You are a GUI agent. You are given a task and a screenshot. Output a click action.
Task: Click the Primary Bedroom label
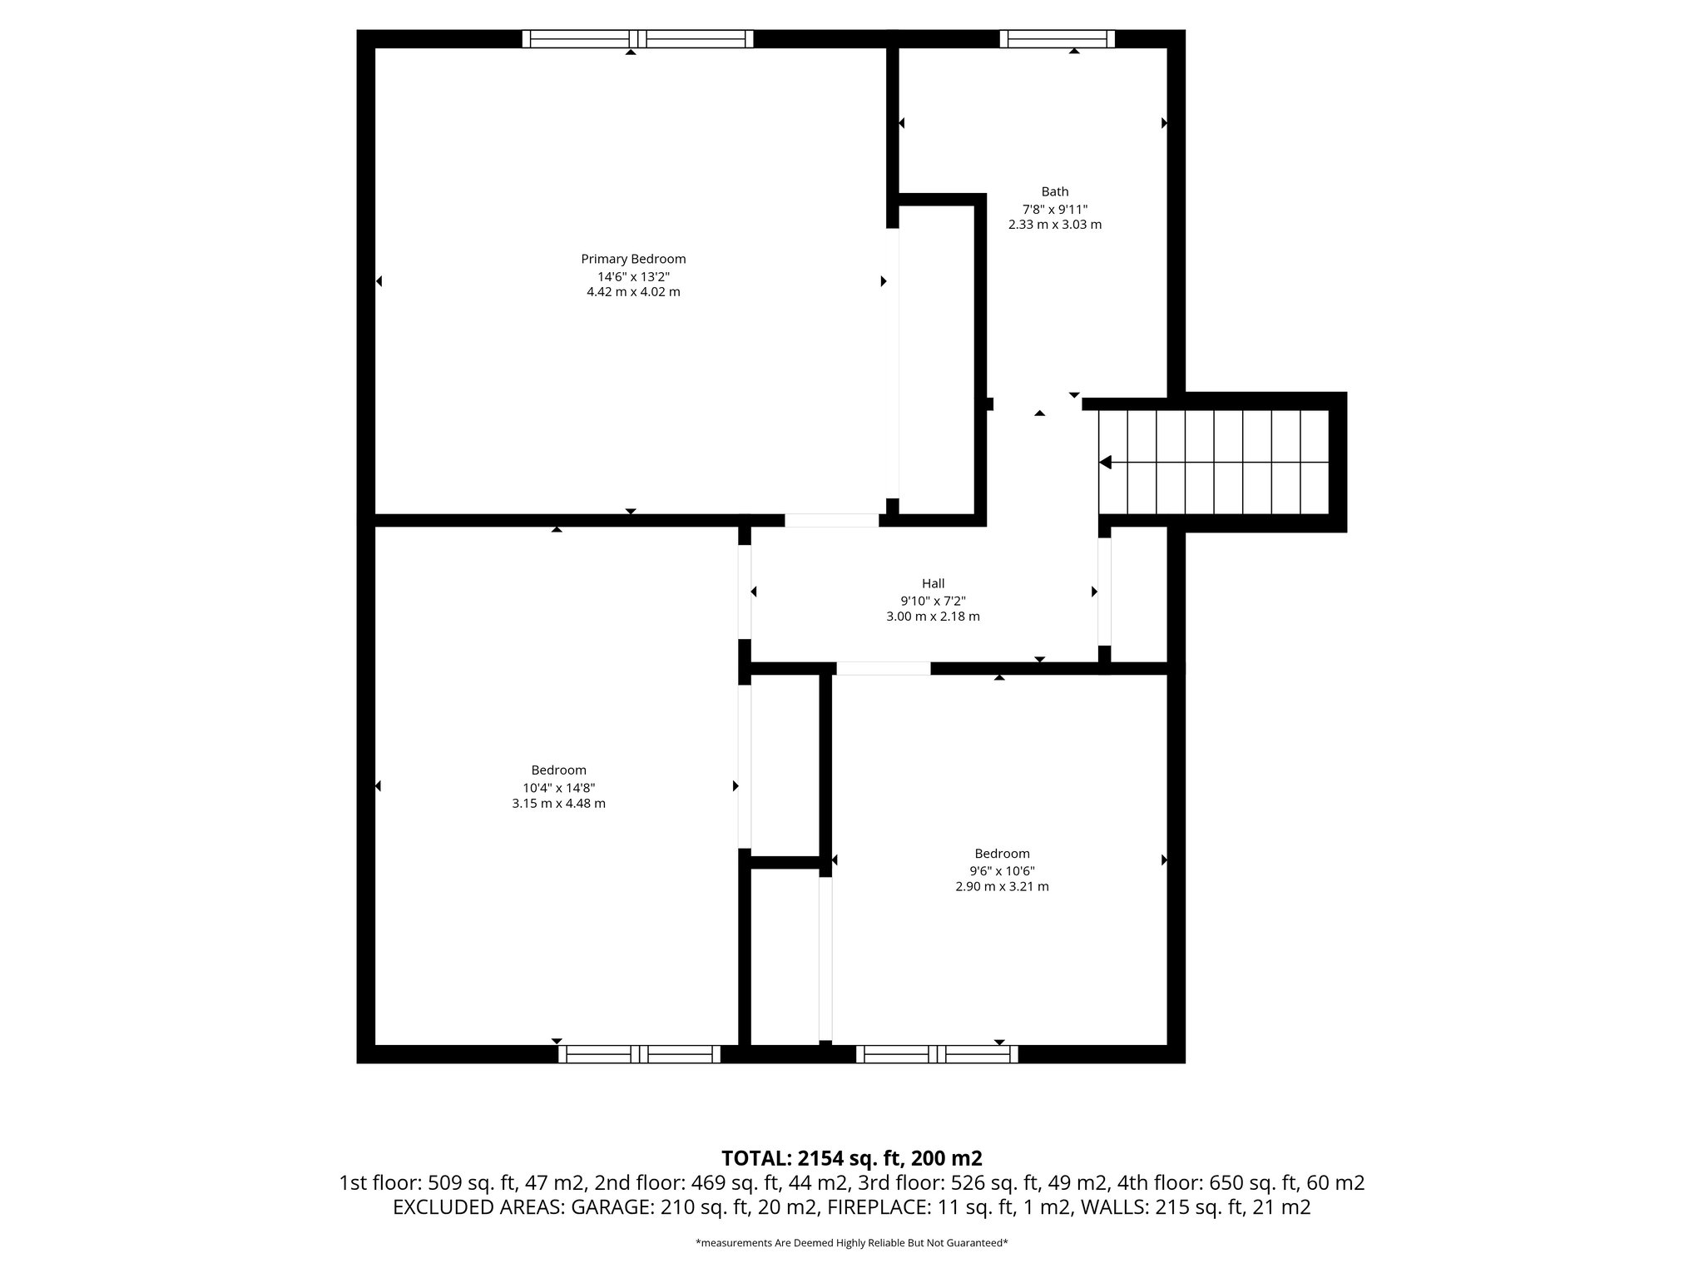pos(633,259)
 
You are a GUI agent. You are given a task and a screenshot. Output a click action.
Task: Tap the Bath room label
pos(1054,191)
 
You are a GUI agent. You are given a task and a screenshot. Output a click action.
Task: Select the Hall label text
pos(933,584)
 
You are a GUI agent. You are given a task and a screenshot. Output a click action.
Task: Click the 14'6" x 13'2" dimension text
pos(633,276)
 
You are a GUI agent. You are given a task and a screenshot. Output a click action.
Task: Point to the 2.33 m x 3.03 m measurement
pos(1054,225)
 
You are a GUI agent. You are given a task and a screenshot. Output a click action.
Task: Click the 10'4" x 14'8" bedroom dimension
pos(558,787)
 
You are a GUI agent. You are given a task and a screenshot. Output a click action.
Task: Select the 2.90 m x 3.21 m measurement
pos(1002,887)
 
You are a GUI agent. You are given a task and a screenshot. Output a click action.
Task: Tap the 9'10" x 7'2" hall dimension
pos(933,601)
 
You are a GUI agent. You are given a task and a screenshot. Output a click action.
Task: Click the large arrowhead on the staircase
pos(1106,462)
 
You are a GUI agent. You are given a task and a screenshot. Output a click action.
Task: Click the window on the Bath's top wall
pos(1057,38)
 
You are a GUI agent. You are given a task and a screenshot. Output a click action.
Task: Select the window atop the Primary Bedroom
pos(637,38)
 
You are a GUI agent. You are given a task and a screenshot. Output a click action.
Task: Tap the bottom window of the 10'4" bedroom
pos(639,1054)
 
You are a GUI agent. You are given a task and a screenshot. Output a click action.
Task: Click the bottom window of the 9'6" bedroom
pos(937,1054)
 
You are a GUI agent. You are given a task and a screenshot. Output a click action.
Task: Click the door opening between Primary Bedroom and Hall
pos(831,520)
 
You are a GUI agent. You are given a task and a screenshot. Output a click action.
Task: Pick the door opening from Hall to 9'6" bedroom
pos(883,668)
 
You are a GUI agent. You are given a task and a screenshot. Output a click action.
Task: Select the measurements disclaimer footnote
pos(851,1243)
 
